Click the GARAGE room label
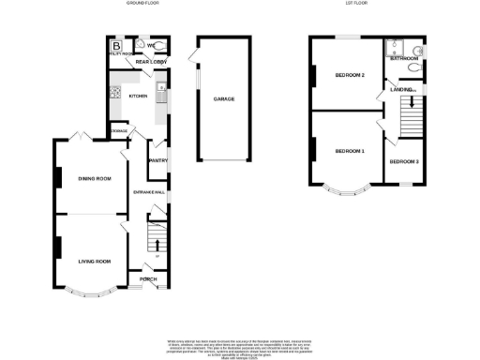pos(223,99)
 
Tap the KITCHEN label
pos(138,96)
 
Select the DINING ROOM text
pos(95,178)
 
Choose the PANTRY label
pos(157,159)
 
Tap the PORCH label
pos(148,277)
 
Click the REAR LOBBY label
pos(150,63)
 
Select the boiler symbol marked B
pos(117,45)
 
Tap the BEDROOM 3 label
pos(404,162)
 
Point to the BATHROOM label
pos(404,58)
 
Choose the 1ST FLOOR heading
pos(355,4)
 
